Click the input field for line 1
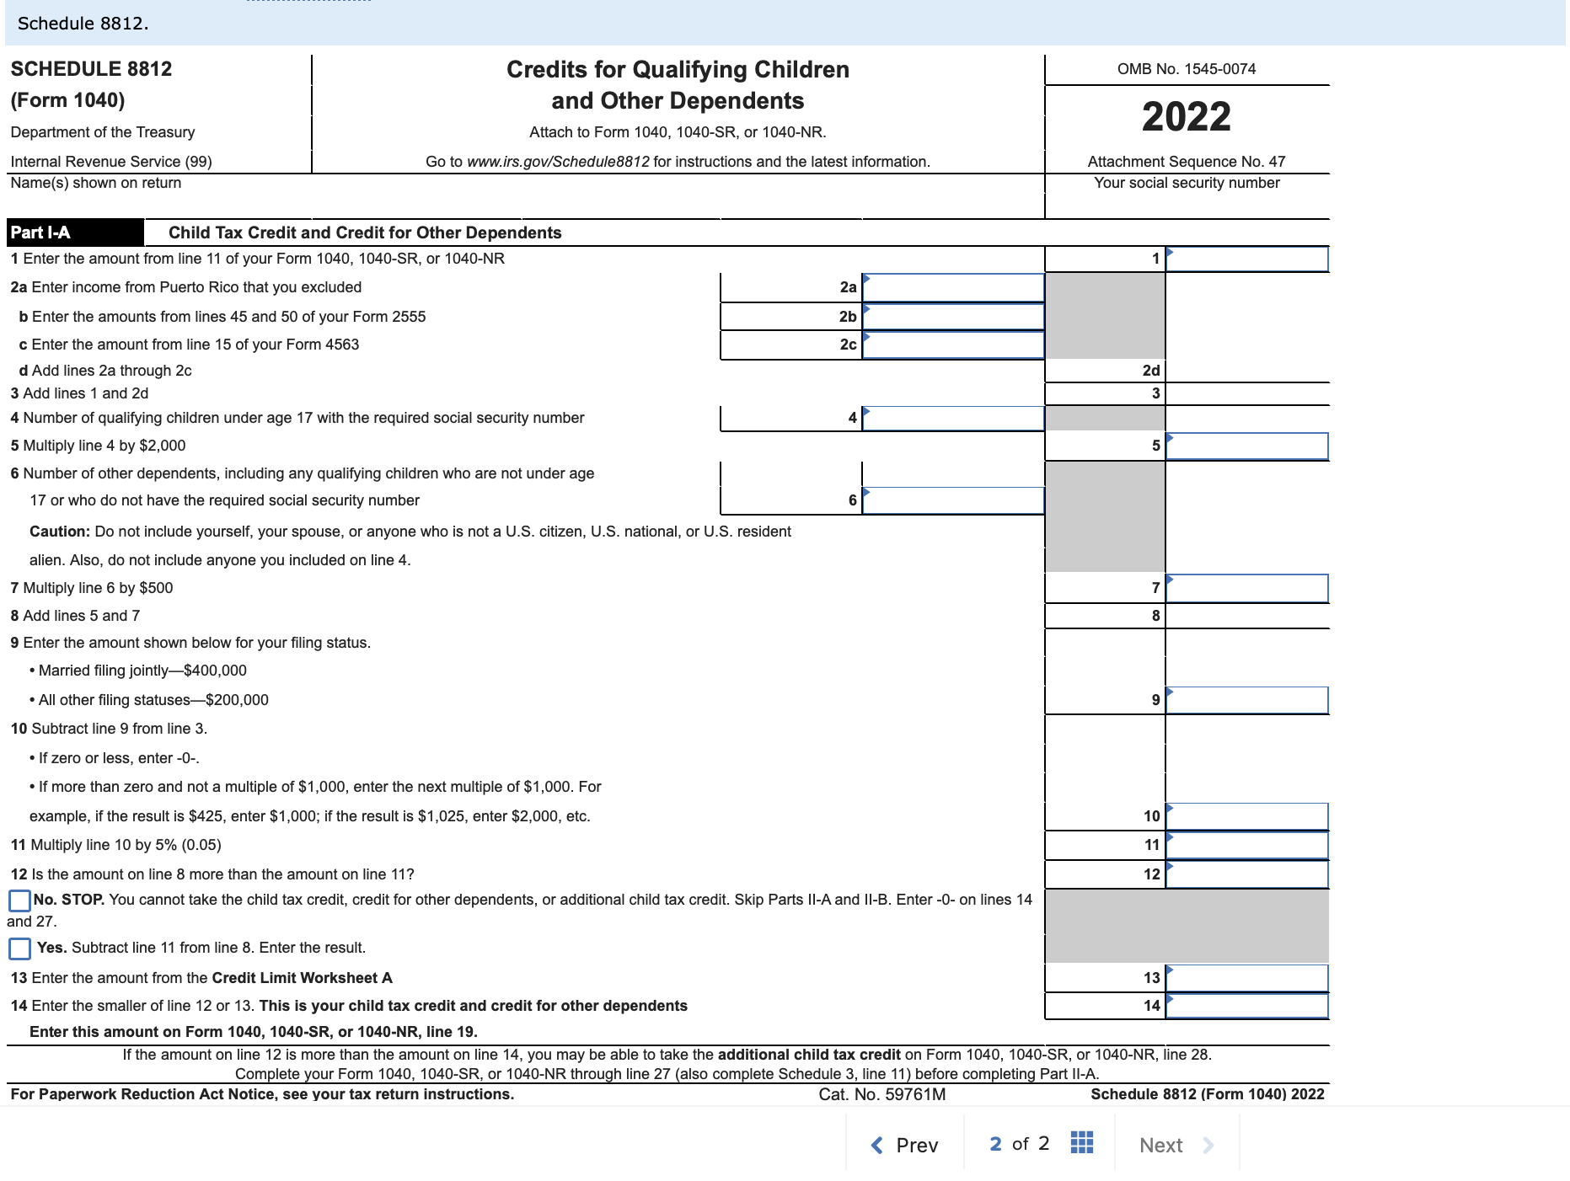tap(1246, 259)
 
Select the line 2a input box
tap(952, 288)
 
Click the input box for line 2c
tap(952, 345)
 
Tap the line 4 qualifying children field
tap(952, 419)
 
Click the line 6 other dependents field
tap(952, 500)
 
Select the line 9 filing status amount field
tap(1246, 700)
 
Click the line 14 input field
tap(1246, 1006)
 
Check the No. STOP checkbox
tap(19, 900)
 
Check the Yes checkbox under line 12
tap(19, 949)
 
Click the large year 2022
tap(1186, 117)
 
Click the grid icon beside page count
tap(1081, 1143)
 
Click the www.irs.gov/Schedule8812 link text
tap(558, 162)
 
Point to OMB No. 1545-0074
tap(1186, 69)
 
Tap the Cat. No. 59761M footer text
tap(881, 1094)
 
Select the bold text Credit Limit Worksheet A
tap(302, 978)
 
